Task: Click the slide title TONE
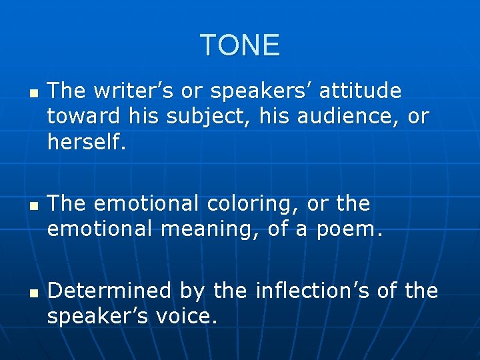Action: [240, 45]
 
